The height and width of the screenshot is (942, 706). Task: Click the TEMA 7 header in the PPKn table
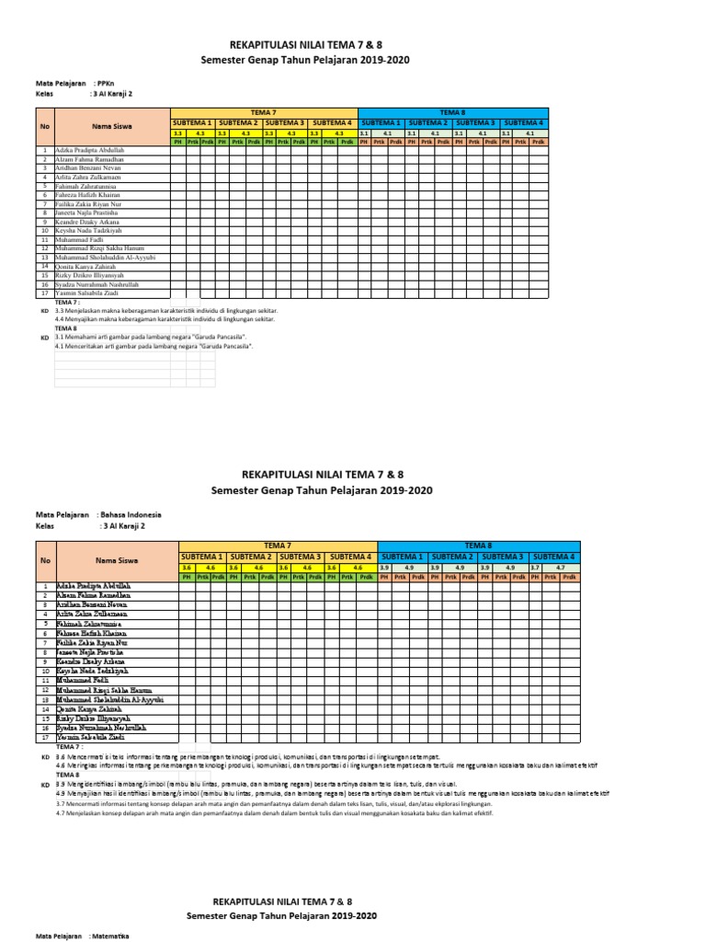[262, 111]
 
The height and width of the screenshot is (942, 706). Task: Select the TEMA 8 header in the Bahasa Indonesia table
[477, 546]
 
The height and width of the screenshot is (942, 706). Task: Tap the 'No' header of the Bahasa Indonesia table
[43, 560]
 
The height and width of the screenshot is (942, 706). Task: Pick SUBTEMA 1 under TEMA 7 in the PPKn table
[192, 122]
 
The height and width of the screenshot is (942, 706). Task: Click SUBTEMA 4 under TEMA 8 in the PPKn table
[523, 122]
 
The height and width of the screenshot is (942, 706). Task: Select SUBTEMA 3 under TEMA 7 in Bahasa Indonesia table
[300, 557]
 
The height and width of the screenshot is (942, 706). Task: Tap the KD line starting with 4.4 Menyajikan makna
[165, 319]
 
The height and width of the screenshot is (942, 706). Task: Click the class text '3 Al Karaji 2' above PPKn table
[111, 94]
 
